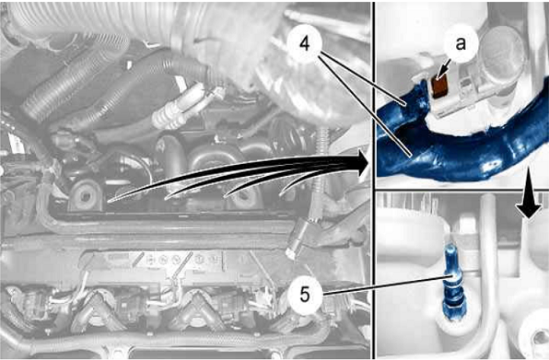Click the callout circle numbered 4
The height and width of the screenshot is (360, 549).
[305, 44]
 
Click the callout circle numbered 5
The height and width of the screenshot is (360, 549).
[305, 295]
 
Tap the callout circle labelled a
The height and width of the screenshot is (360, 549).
[461, 43]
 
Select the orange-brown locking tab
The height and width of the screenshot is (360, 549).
[438, 87]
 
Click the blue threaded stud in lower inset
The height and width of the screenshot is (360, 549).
[450, 283]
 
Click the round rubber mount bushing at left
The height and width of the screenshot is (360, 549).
[85, 195]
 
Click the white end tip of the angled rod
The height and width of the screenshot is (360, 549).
[290, 253]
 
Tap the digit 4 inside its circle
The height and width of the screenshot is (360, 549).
[305, 44]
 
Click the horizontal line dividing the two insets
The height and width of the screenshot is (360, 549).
[461, 191]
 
